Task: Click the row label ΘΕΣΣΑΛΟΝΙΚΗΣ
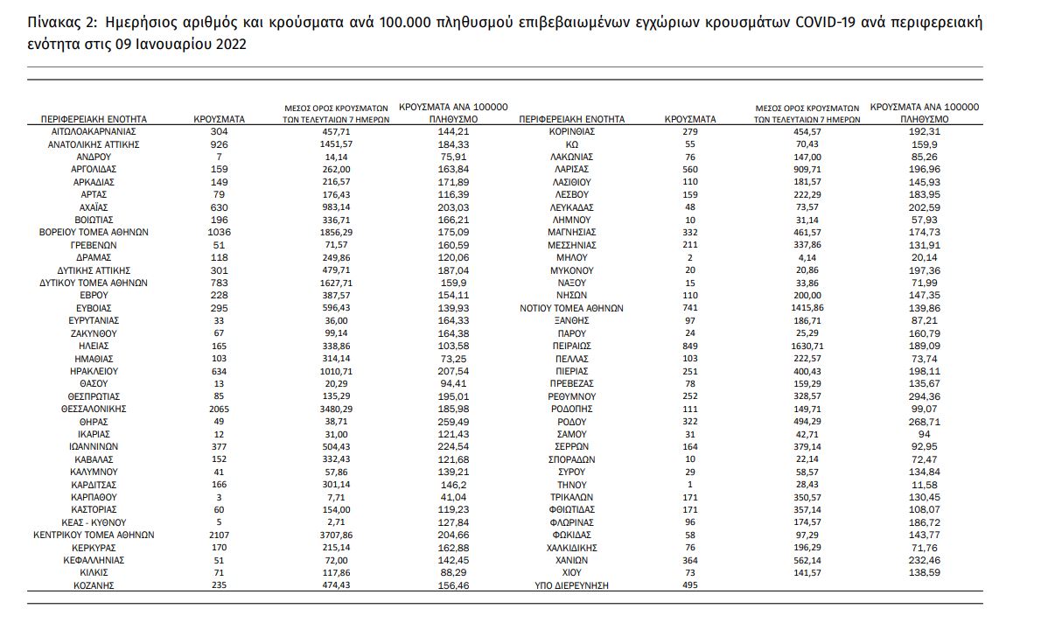point(94,408)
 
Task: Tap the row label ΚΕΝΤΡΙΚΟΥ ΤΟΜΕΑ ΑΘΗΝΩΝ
point(94,534)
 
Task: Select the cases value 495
point(689,584)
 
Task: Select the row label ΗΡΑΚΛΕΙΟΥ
point(94,370)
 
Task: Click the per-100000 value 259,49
point(451,421)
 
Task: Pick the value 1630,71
point(808,346)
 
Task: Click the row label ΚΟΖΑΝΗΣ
point(94,584)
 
